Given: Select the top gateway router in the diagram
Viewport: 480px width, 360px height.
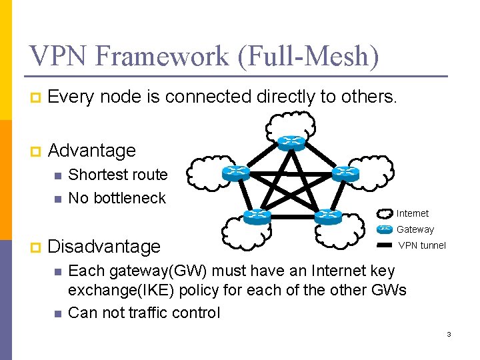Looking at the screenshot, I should click(291, 142).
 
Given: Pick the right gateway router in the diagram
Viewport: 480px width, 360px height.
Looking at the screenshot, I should click(345, 173).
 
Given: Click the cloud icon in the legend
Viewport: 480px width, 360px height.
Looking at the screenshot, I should click(385, 214).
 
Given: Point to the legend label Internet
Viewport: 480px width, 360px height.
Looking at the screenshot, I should click(413, 213).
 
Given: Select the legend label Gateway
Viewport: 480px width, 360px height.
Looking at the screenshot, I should click(415, 229).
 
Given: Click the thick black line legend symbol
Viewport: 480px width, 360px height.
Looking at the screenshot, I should click(385, 245).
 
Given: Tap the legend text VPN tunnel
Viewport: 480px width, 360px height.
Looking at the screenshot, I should click(422, 245).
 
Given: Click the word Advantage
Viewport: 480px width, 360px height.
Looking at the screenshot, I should click(92, 151).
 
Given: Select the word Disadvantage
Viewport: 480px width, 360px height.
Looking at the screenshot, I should click(105, 247).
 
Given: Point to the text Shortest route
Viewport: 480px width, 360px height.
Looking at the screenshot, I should click(118, 175).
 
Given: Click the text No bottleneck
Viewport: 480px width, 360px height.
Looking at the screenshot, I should click(117, 198).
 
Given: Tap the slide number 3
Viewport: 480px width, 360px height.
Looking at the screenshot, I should click(449, 334).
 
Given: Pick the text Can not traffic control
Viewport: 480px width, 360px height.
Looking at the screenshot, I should click(144, 312).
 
